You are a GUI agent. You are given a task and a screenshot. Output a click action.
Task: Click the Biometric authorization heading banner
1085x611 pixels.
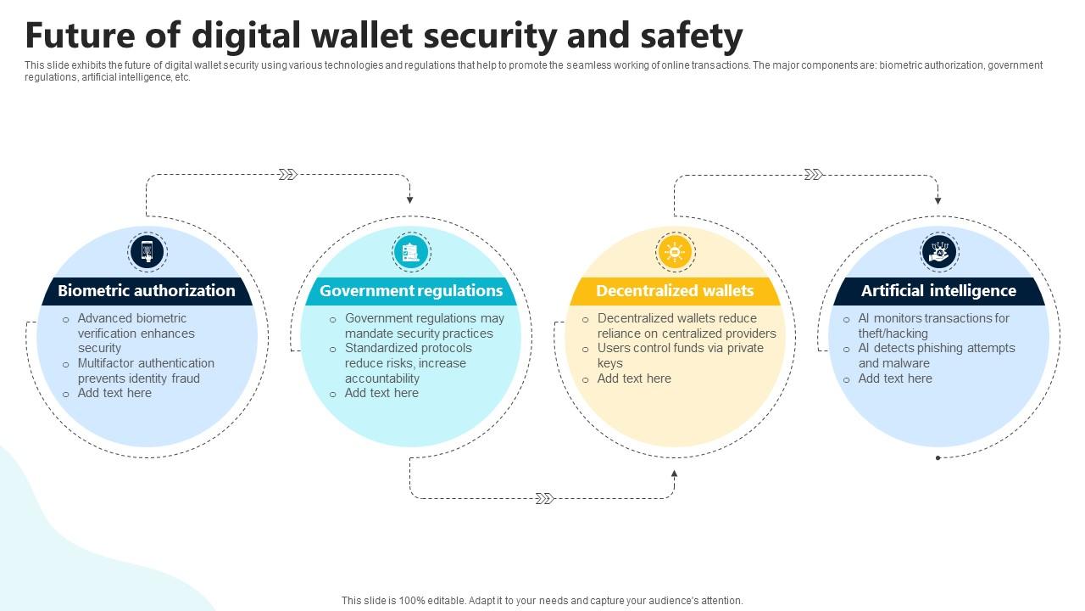[x=147, y=291]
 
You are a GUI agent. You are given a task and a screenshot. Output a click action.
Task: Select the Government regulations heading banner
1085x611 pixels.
[x=411, y=291]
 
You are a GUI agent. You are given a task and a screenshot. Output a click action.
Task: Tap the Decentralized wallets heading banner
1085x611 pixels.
[x=675, y=291]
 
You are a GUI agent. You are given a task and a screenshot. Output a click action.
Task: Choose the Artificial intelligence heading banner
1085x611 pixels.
[x=938, y=291]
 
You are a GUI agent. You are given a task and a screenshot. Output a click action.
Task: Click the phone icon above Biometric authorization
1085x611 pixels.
[x=147, y=252]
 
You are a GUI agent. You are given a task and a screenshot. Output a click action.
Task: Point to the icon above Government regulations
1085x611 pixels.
[x=411, y=252]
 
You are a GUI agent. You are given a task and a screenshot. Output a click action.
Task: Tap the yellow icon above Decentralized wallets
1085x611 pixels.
[x=675, y=252]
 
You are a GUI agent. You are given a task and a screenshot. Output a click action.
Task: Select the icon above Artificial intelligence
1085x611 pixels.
[x=938, y=252]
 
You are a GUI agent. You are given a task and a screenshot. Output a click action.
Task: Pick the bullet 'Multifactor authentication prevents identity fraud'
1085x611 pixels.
[x=145, y=371]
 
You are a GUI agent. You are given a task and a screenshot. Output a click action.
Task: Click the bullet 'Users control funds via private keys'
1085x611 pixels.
[x=680, y=356]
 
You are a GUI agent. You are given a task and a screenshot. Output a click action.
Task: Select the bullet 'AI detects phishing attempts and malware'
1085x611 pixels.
[x=936, y=356]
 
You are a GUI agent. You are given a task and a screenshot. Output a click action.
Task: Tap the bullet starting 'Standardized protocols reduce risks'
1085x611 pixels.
[x=408, y=363]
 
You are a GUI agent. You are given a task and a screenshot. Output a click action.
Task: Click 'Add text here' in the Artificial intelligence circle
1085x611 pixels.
[x=894, y=378]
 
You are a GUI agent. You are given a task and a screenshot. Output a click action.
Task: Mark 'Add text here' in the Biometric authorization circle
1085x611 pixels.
[x=114, y=393]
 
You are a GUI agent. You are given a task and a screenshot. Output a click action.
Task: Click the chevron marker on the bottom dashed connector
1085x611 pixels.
[x=545, y=498]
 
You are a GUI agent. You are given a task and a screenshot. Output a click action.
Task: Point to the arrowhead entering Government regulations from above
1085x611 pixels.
[x=409, y=199]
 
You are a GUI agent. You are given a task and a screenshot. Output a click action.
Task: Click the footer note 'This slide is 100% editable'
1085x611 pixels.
[x=542, y=600]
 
